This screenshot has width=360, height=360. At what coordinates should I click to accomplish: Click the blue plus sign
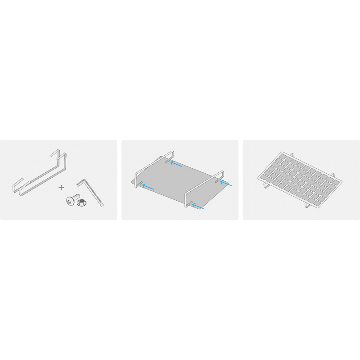(x=61, y=187)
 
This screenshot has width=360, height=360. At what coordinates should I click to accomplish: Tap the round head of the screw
(x=70, y=202)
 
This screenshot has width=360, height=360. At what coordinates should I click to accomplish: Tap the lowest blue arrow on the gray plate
(x=198, y=207)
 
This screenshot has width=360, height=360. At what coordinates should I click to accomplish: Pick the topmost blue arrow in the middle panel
(x=176, y=163)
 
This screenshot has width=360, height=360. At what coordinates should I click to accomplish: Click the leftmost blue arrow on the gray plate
(x=148, y=186)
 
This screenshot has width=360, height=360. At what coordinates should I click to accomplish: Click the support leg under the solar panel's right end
(x=308, y=205)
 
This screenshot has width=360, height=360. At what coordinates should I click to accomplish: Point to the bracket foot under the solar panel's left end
(x=266, y=184)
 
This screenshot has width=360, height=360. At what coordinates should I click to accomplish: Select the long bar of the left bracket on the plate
(x=151, y=166)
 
